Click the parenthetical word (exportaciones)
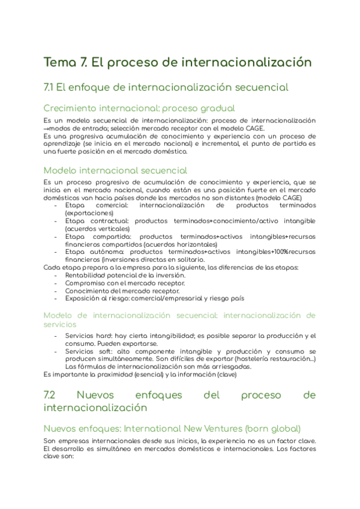(89, 213)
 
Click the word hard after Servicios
(103, 336)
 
